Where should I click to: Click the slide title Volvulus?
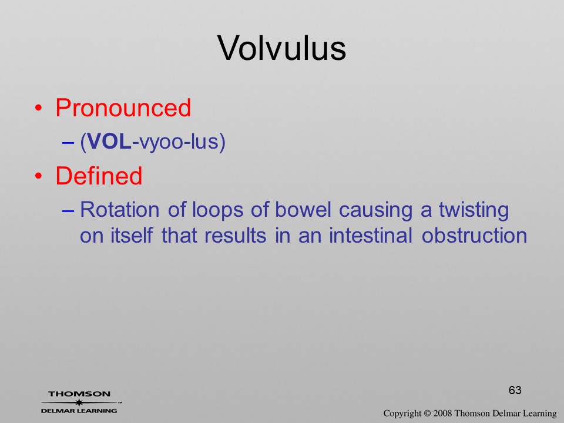281,48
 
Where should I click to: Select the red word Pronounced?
123,108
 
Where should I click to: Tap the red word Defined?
99,176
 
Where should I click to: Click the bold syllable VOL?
109,141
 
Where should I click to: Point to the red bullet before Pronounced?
39,108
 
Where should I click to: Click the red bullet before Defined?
39,176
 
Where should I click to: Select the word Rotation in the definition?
119,209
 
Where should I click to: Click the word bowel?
303,209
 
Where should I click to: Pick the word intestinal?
371,236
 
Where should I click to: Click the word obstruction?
475,236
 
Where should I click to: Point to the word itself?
131,236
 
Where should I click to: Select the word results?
235,236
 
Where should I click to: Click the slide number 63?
515,390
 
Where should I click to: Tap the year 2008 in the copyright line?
443,413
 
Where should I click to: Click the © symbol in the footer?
427,413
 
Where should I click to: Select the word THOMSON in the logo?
79,394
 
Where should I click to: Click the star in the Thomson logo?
79,402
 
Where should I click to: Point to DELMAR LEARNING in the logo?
79,411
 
